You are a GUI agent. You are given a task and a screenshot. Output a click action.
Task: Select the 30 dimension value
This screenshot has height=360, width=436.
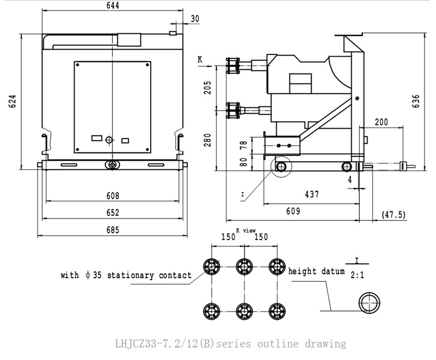195,18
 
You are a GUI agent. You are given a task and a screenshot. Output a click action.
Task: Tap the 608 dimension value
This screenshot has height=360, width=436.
112,196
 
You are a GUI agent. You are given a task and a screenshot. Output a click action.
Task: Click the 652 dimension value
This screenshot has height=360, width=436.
112,213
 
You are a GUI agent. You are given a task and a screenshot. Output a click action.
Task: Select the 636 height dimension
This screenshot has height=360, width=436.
416,101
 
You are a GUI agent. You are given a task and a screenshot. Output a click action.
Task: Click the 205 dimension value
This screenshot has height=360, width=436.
208,88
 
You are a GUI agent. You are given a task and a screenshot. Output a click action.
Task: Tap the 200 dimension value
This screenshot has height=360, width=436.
381,122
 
